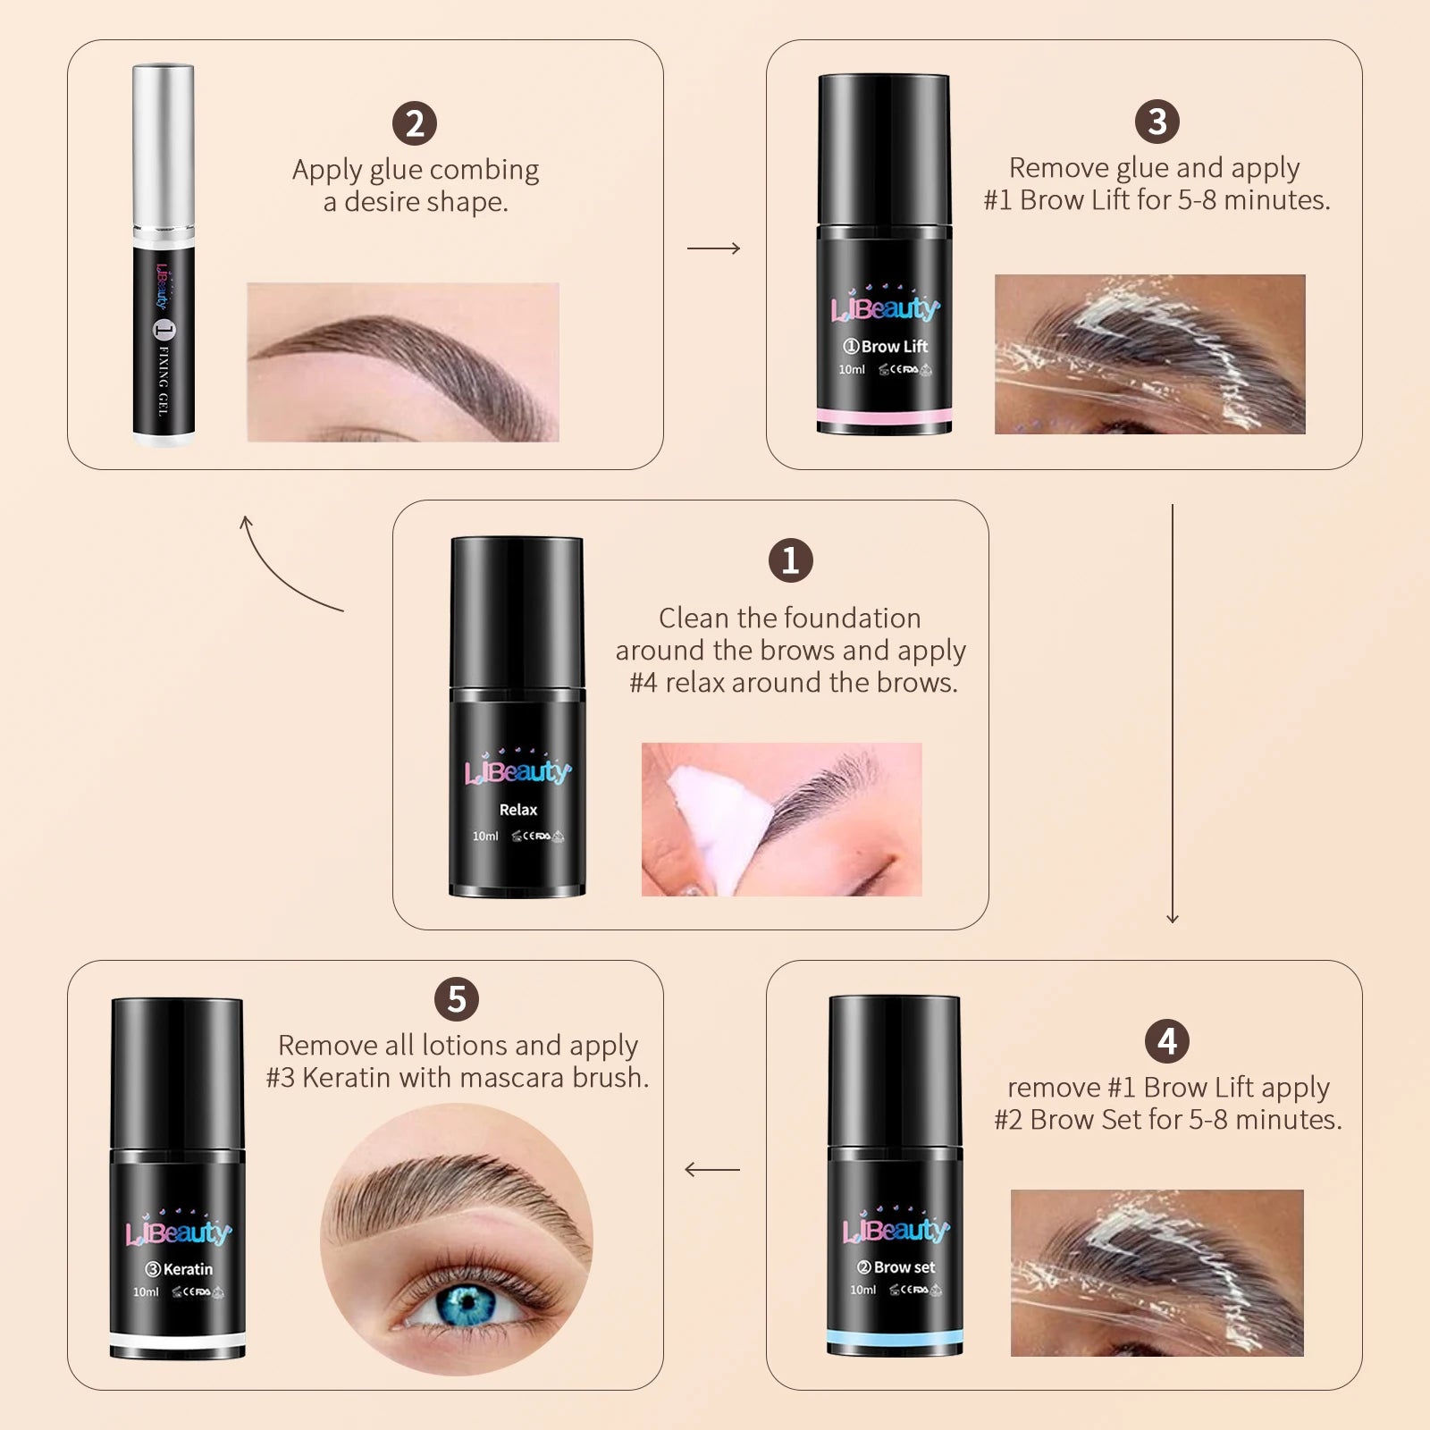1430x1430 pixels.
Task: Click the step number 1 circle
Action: point(790,560)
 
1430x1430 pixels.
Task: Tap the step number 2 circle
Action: point(415,123)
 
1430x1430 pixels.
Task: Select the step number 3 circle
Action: point(1157,122)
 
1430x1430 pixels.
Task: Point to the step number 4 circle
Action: point(1166,1041)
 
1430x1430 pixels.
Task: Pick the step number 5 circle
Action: point(457,999)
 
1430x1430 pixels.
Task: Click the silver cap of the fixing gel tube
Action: point(163,147)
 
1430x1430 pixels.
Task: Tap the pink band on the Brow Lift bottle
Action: point(884,416)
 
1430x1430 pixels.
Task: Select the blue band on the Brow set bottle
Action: point(894,1337)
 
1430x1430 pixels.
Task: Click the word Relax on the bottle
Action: point(517,810)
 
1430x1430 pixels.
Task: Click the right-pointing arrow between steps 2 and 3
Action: point(713,248)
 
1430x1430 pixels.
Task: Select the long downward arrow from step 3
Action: point(1173,715)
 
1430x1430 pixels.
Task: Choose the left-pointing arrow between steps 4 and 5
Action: point(711,1169)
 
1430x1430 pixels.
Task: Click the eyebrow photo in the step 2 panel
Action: point(402,362)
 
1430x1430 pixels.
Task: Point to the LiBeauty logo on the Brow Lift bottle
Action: point(884,308)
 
